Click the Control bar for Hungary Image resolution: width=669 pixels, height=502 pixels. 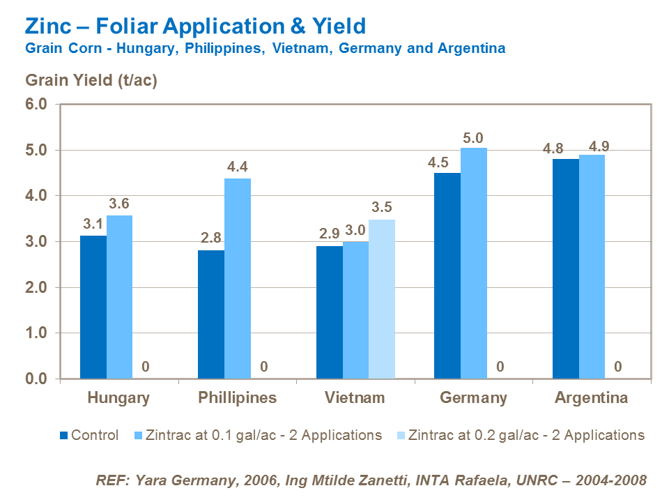pos(93,307)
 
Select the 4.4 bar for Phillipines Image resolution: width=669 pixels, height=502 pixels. pos(238,279)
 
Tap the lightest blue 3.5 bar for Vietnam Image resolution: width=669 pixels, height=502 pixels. pos(382,300)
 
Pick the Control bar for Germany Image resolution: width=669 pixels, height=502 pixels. pos(447,276)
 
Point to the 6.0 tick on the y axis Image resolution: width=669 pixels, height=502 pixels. pos(36,105)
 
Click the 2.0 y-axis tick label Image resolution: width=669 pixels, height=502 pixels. pos(36,288)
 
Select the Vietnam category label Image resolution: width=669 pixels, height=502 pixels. pos(355,398)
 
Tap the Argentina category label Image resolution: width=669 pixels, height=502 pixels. pos(591,398)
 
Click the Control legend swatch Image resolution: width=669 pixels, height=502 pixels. pos(64,436)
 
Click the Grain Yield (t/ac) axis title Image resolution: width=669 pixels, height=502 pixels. pos(91,80)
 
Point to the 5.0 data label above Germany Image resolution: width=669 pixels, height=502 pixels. pos(473,138)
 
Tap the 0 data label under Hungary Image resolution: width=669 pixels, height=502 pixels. pos(146,367)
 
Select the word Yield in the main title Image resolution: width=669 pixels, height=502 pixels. pos(338,26)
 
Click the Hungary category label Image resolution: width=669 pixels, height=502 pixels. pos(118,398)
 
